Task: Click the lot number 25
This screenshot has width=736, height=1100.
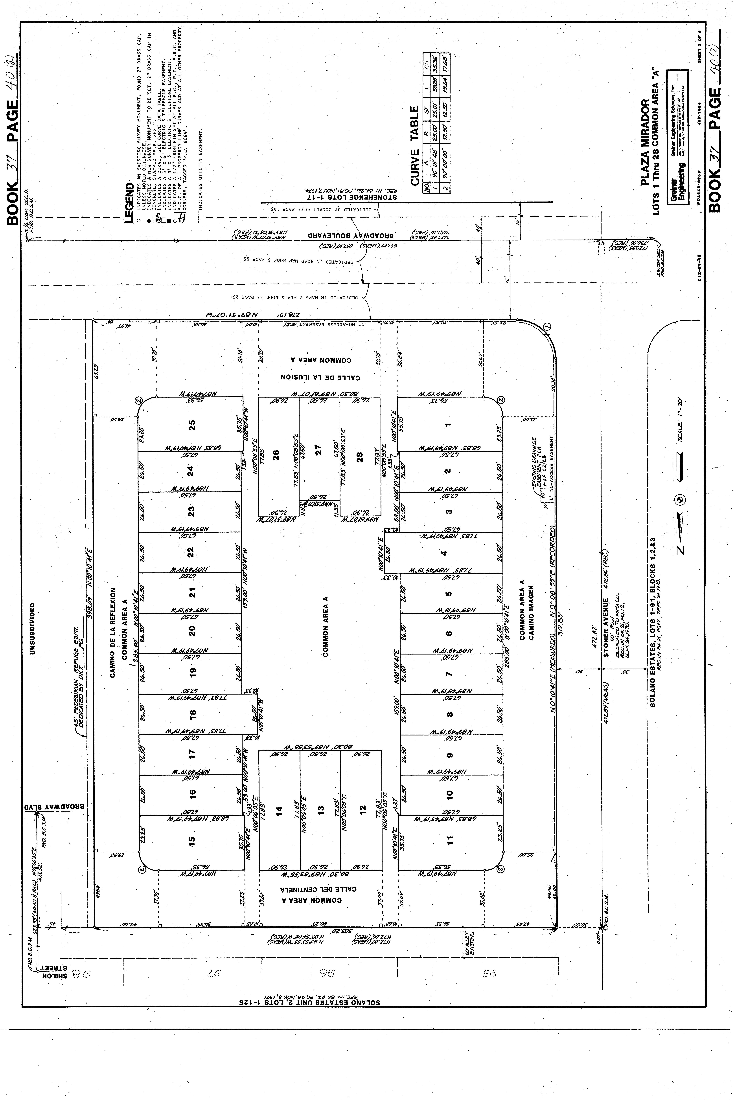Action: [191, 425]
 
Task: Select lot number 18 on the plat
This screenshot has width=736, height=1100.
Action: [191, 714]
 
